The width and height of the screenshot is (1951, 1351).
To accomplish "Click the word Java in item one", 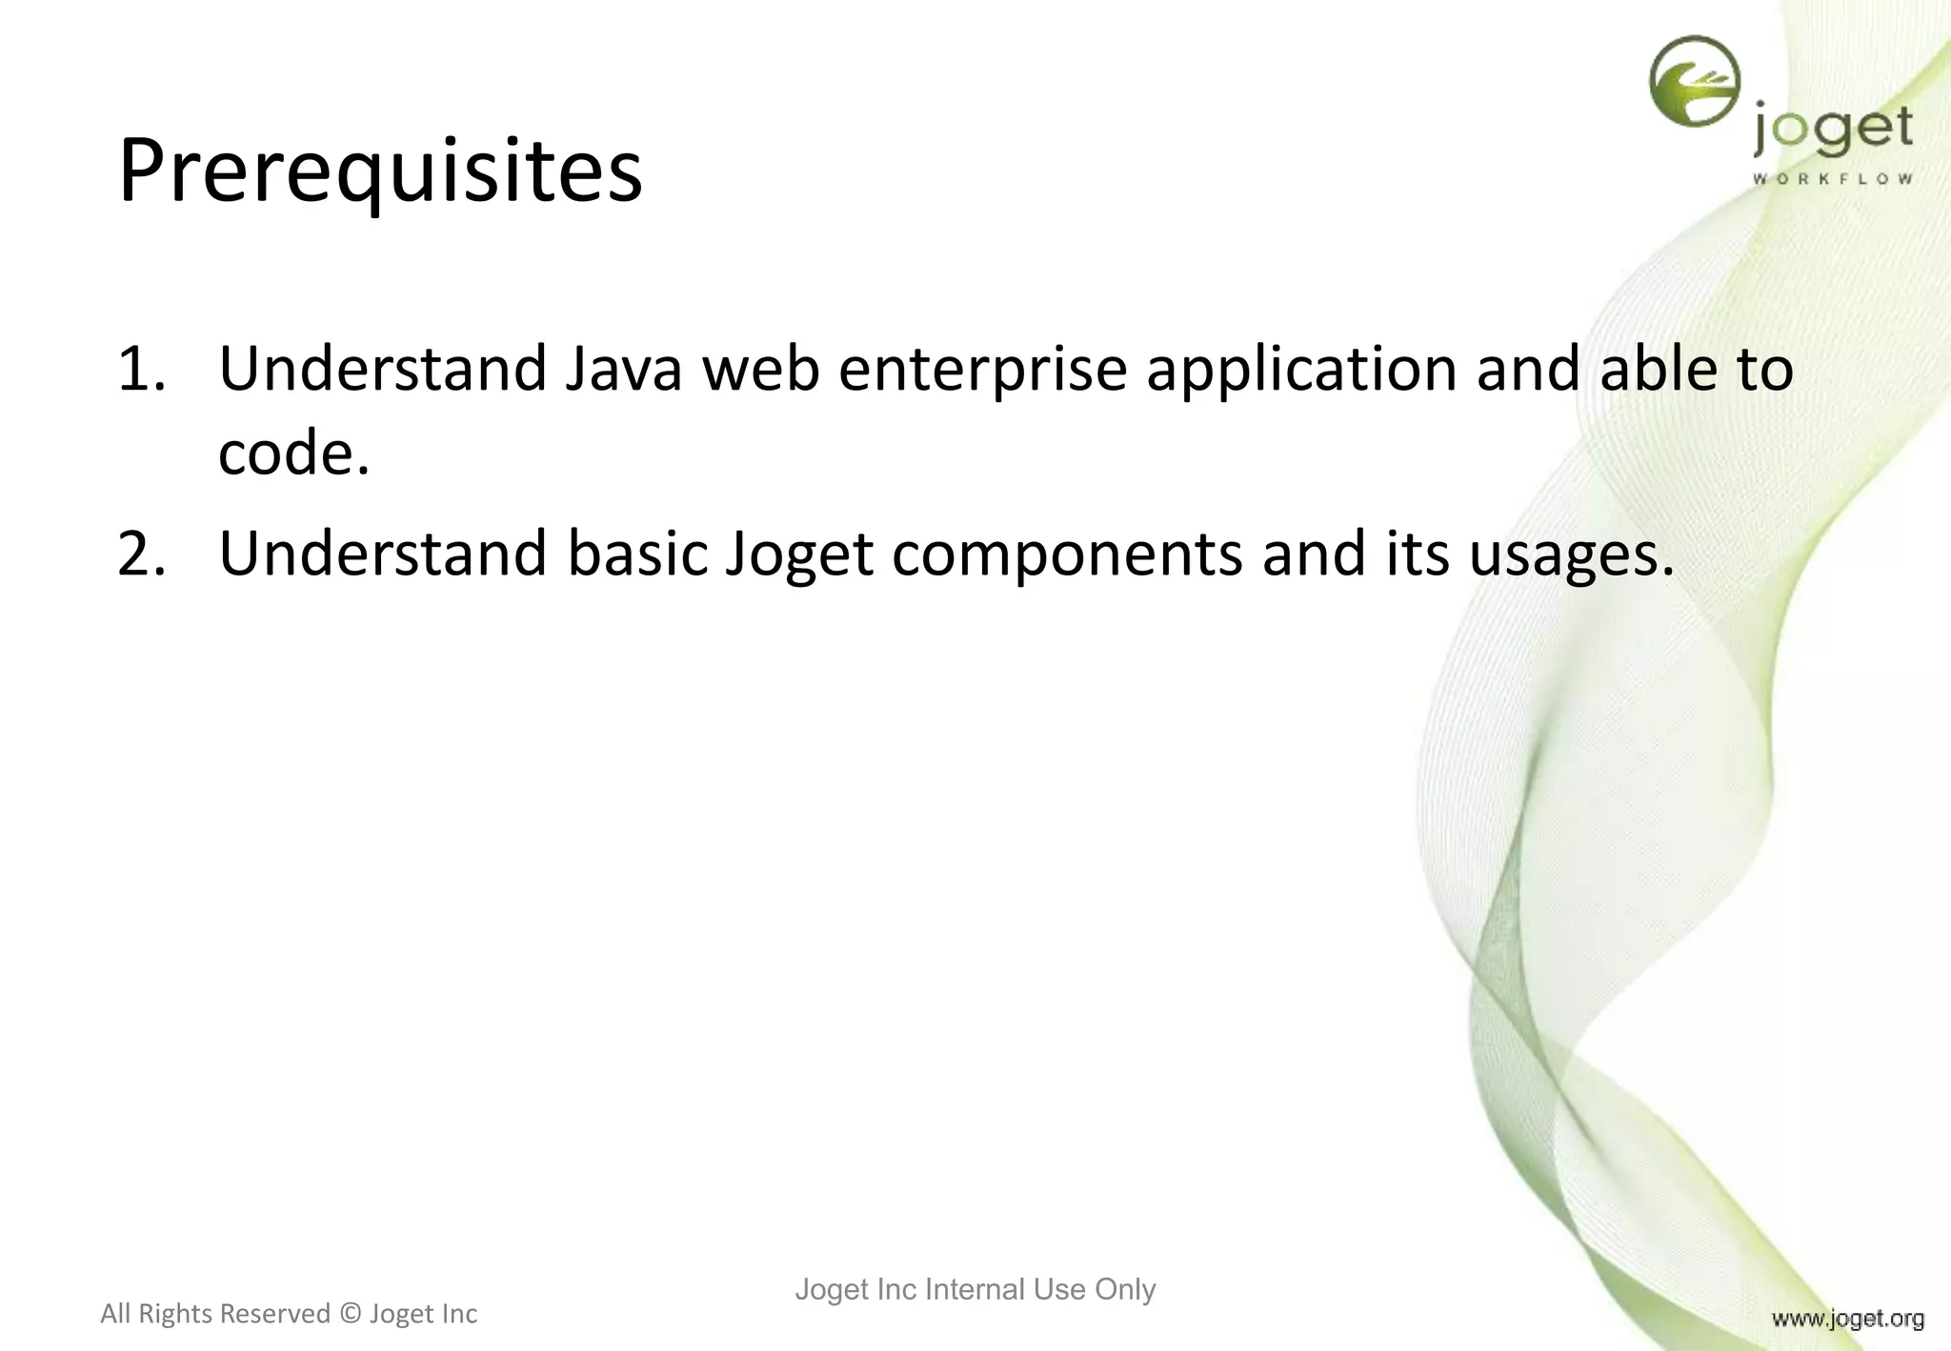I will tap(624, 370).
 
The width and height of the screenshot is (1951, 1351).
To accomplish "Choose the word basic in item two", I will tap(638, 555).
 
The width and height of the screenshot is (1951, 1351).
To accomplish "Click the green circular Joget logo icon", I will tap(1695, 82).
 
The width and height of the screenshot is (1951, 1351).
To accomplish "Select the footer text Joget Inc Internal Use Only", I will tap(975, 1289).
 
